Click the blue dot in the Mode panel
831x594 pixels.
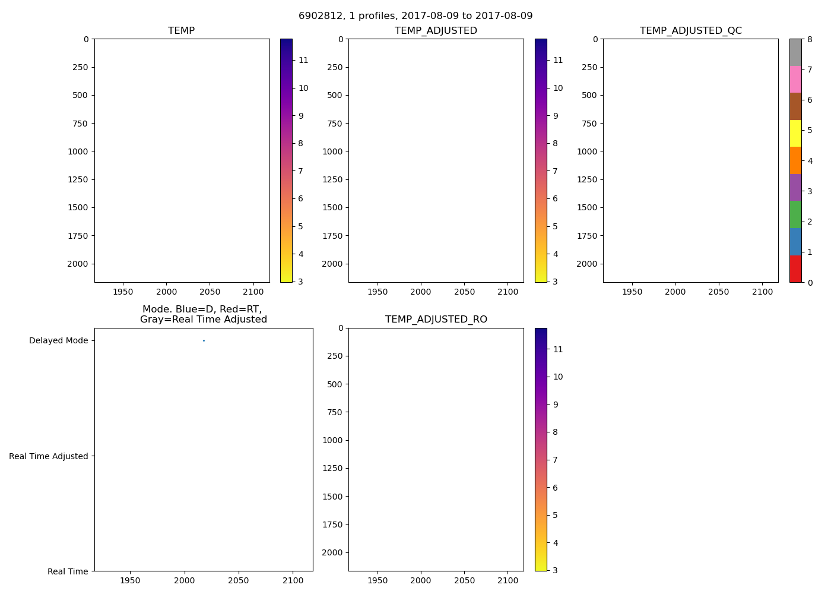coord(204,340)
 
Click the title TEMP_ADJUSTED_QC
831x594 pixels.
coord(690,31)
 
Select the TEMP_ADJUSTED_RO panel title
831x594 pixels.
coord(436,320)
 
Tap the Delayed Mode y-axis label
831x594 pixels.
coord(58,341)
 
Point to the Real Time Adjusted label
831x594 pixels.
coord(49,456)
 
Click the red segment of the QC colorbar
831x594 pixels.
coord(795,268)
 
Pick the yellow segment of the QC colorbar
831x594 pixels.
coord(795,133)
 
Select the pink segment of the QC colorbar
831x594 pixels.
coord(795,79)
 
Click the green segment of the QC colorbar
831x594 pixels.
coord(795,214)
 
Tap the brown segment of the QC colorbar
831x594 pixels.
coord(795,106)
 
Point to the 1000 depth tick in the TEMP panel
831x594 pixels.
coord(77,151)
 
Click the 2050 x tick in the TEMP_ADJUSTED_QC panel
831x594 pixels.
coord(719,292)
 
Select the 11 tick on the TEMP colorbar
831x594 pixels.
coord(303,60)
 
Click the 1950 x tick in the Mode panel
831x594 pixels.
coord(130,581)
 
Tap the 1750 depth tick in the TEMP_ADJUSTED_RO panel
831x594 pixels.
coord(332,525)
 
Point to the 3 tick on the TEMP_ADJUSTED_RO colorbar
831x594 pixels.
coord(555,570)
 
